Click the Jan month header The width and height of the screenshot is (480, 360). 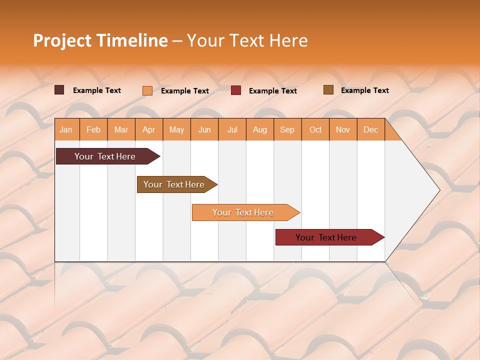(66, 129)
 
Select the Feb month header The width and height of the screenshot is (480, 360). (93, 129)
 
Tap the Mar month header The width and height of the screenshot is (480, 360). (121, 129)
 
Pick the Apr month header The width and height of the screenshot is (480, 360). (149, 129)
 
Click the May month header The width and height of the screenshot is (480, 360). (176, 129)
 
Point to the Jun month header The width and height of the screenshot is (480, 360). (204, 129)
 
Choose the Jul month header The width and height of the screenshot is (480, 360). (232, 129)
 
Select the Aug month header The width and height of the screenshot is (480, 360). (260, 129)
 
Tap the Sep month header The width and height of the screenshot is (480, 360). (287, 129)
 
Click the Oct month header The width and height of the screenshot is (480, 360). (315, 129)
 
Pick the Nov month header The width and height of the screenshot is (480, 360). (343, 129)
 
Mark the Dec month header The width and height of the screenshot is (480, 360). (370, 129)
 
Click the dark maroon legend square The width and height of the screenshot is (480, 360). (59, 90)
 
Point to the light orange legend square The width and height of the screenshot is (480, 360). (147, 90)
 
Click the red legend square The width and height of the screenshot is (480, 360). (236, 90)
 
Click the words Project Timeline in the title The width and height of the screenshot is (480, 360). (100, 40)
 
